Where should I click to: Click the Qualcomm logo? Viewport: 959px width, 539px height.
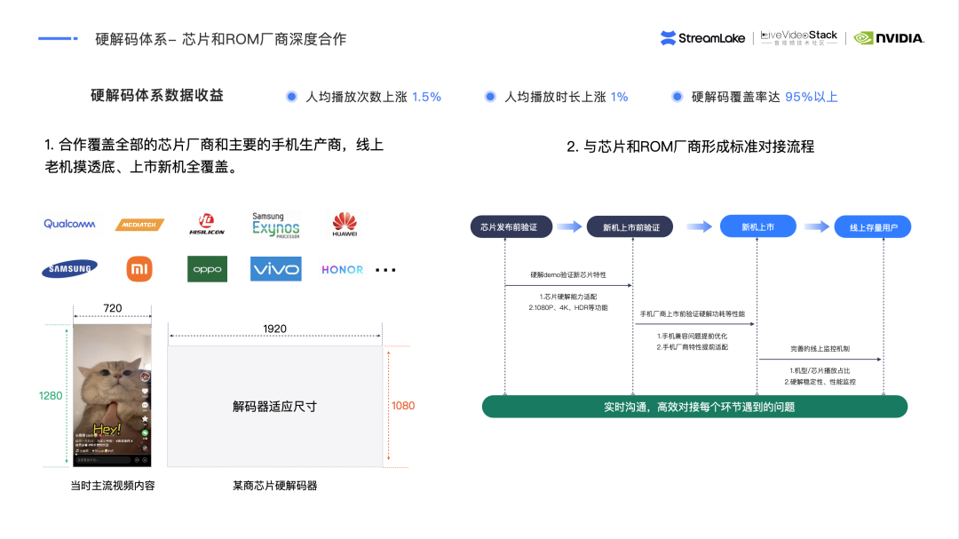[x=69, y=224]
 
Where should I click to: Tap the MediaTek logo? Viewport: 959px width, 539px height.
[x=139, y=225]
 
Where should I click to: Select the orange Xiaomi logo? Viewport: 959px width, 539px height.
[x=139, y=269]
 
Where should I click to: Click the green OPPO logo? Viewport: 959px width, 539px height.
[x=207, y=269]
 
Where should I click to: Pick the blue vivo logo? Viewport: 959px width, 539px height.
[x=275, y=269]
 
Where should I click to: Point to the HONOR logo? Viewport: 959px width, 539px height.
[x=342, y=269]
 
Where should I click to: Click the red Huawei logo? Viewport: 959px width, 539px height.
[x=345, y=224]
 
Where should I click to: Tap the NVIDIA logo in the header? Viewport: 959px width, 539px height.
[x=889, y=38]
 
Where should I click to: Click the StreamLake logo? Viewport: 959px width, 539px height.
[x=701, y=38]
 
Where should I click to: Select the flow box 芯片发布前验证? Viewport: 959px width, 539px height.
[x=510, y=227]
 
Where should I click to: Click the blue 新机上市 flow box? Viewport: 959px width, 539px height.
[x=757, y=227]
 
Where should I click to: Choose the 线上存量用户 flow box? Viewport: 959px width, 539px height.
[x=872, y=227]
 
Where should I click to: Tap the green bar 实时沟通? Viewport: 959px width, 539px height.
[x=694, y=407]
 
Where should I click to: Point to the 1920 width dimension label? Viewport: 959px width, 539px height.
[x=274, y=329]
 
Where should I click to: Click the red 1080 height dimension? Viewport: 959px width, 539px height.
[x=402, y=406]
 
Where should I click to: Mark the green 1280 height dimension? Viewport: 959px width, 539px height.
[x=51, y=395]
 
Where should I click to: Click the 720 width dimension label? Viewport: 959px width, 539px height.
[x=113, y=308]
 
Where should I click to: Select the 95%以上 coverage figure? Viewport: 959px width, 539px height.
[x=811, y=97]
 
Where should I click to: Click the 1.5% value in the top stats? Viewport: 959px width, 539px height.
[x=426, y=97]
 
